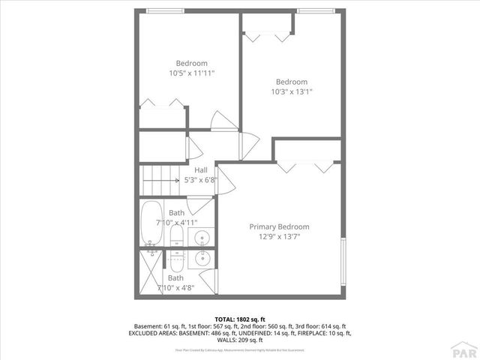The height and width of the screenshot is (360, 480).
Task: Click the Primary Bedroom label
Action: coord(279,226)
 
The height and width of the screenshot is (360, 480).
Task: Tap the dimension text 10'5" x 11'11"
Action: coord(191,73)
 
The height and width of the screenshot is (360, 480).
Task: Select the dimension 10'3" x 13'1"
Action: coord(291,92)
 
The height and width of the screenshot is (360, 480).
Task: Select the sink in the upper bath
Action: coord(202,238)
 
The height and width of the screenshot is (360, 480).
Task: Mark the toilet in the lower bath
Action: coord(175,260)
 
